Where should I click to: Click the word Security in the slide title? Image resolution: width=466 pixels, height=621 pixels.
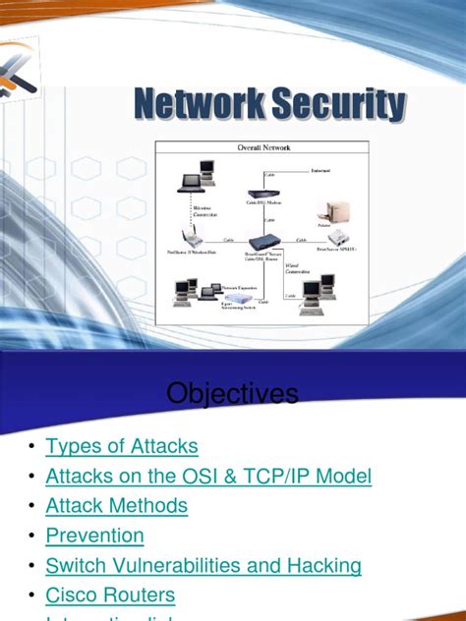tap(339, 104)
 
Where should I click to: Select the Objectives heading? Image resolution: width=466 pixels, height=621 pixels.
tap(232, 394)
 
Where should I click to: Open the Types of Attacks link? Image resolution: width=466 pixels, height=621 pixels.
tap(122, 446)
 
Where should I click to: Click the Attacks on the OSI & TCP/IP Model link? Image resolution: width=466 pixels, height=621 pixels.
tap(208, 477)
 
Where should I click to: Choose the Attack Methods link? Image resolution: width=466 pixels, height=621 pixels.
tap(116, 506)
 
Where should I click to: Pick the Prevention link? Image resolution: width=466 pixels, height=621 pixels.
tap(94, 536)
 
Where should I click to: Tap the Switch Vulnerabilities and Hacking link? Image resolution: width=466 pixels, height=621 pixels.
tap(204, 565)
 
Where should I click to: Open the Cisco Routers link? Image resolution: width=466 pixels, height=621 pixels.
tap(110, 594)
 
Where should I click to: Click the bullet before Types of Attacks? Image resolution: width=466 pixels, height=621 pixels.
tap(32, 448)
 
